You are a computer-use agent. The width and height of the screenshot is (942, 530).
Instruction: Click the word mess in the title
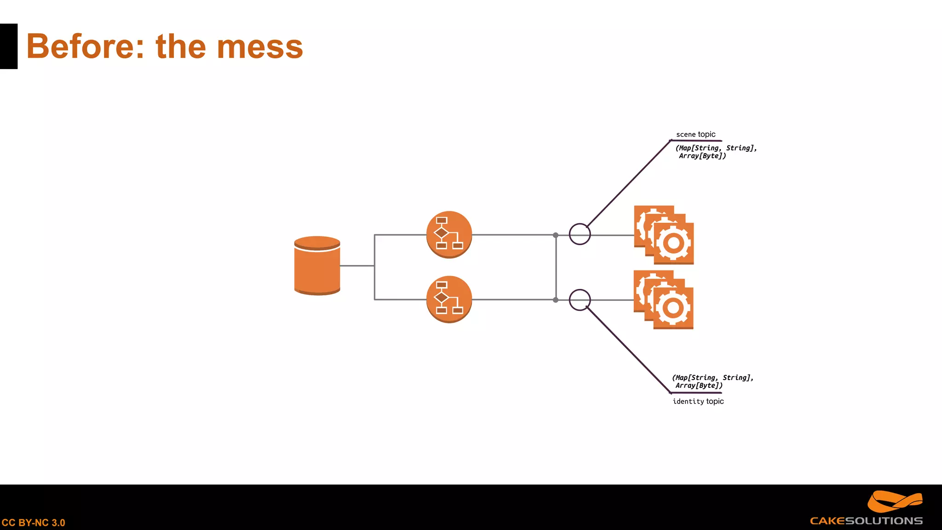259,47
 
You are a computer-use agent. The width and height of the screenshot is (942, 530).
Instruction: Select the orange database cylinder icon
317,265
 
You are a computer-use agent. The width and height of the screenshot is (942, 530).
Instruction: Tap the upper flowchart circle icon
449,235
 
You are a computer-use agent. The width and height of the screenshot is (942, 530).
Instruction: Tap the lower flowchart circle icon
449,300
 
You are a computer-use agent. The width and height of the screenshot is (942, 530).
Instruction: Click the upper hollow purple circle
580,234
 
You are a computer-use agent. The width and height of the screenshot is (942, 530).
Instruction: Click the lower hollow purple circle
580,300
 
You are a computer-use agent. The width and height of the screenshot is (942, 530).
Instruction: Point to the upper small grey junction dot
556,235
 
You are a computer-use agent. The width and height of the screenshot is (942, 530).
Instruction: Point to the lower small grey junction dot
556,300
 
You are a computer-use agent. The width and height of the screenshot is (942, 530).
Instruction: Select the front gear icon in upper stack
673,243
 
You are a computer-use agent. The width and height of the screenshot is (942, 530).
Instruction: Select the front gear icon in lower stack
673,308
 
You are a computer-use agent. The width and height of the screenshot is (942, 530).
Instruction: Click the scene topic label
695,134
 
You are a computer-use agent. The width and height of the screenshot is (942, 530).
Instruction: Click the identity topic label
698,401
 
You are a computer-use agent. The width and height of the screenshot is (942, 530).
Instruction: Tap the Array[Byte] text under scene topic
702,156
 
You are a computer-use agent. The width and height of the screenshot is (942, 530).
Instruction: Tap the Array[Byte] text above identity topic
699,386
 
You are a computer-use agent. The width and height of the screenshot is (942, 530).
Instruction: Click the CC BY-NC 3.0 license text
33,523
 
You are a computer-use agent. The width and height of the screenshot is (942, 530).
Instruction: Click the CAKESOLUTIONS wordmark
866,521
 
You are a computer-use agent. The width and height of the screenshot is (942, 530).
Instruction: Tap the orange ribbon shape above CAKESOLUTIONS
894,501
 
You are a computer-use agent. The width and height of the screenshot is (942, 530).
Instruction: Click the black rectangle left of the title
8,46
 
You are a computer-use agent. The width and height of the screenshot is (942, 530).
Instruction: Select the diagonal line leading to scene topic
628,184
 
